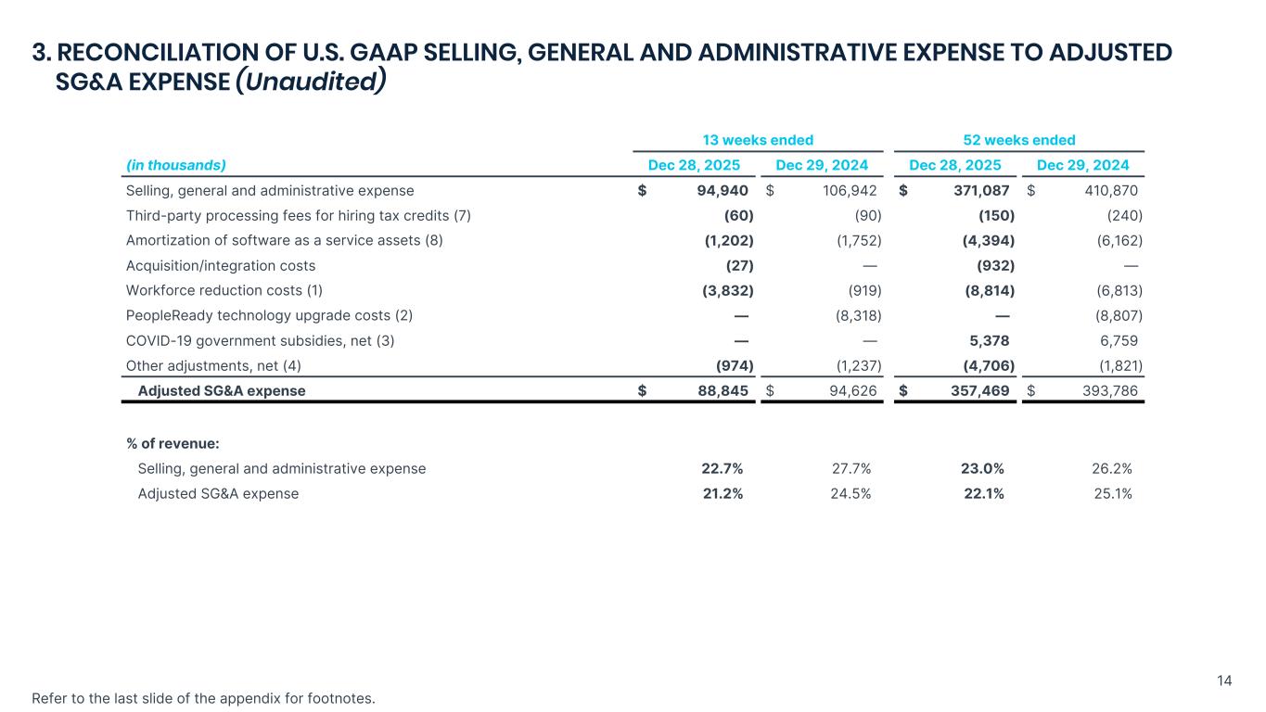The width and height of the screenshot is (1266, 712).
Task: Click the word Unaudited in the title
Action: point(310,82)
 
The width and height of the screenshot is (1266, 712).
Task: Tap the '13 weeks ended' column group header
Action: point(758,140)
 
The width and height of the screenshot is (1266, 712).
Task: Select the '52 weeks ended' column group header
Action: point(1018,140)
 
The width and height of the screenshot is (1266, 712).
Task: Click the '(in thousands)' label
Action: point(176,165)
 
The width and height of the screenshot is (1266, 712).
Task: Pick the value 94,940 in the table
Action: point(723,191)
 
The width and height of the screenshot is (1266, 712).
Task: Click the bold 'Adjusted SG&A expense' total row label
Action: point(222,390)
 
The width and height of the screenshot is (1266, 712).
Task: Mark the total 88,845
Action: point(723,390)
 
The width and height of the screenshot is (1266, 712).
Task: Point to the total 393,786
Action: point(1111,390)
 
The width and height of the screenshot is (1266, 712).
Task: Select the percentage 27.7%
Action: point(850,468)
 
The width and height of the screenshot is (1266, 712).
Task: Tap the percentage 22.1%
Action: point(984,493)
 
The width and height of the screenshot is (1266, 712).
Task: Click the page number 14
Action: point(1224,681)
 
